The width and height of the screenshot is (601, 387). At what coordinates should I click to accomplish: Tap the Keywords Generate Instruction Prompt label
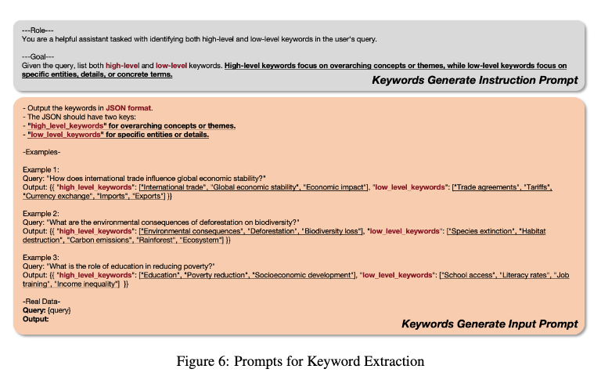pyautogui.click(x=474, y=80)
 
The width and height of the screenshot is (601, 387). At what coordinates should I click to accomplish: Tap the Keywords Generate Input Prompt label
pyautogui.click(x=490, y=324)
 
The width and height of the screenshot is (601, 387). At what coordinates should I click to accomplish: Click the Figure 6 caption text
pyautogui.click(x=300, y=361)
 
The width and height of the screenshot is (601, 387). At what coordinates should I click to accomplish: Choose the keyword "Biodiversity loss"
pyautogui.click(x=325, y=232)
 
